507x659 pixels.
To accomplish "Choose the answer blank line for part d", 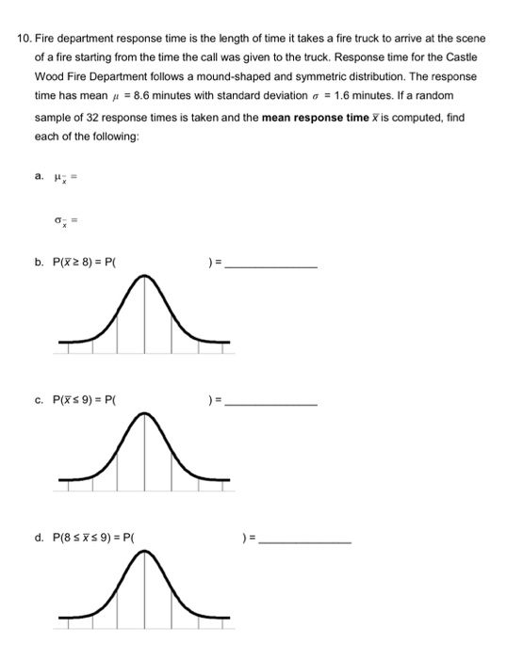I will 305,544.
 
